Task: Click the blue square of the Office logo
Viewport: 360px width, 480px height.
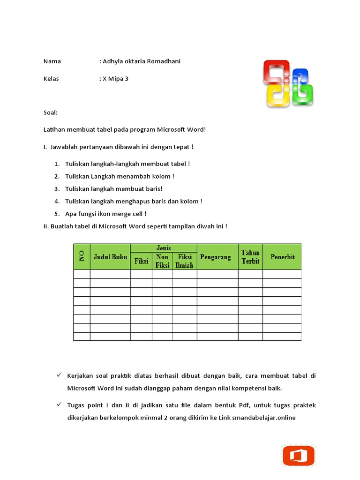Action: coord(300,77)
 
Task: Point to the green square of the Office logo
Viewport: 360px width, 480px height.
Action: coord(302,95)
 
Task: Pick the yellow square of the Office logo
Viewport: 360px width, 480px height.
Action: coord(277,97)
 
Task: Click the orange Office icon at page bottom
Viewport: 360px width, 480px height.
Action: coord(298,456)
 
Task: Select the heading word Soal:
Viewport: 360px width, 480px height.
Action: coord(51,113)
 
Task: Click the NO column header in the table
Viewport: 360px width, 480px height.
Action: coord(82,256)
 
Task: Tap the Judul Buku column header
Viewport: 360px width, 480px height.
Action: coord(110,257)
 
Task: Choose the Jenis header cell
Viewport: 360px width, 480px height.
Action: coord(164,247)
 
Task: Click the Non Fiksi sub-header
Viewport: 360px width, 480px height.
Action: coord(162,261)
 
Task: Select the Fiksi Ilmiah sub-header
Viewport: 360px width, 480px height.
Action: coord(184,261)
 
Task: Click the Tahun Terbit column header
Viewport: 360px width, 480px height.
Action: coord(250,257)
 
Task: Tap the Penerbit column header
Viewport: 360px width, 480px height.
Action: coord(282,257)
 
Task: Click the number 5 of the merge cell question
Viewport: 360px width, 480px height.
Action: coord(56,214)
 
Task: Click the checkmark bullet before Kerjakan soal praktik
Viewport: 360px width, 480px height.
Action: coord(59,375)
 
